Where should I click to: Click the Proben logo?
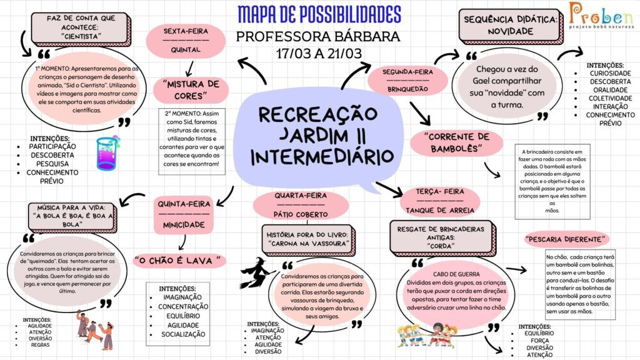(x=601, y=15)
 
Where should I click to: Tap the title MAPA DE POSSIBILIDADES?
(x=319, y=15)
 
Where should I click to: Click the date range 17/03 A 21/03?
(x=319, y=54)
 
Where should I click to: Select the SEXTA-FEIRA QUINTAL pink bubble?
(x=186, y=41)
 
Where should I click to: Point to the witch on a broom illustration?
(x=257, y=272)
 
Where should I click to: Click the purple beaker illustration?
(x=107, y=153)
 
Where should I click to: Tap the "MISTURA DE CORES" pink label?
(x=191, y=90)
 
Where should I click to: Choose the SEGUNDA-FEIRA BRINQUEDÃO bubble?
(x=407, y=81)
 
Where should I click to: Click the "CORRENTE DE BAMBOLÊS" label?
(x=456, y=143)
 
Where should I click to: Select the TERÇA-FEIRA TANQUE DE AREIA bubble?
(x=439, y=201)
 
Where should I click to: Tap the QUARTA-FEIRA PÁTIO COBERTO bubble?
(x=301, y=205)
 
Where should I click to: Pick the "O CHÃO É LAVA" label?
(x=179, y=261)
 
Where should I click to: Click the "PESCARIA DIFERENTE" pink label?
(x=566, y=239)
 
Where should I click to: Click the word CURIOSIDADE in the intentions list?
(x=610, y=74)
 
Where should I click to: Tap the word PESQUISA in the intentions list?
(x=52, y=164)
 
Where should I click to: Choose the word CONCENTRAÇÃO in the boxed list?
(x=183, y=306)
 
